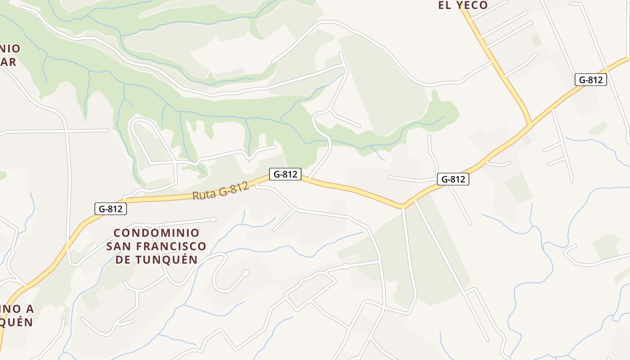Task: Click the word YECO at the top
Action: pyautogui.click(x=471, y=5)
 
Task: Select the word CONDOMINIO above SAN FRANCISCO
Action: pyautogui.click(x=156, y=233)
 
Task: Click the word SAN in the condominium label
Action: pyautogui.click(x=119, y=247)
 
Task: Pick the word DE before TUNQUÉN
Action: pyautogui.click(x=123, y=260)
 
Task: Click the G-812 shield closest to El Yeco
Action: pyautogui.click(x=590, y=80)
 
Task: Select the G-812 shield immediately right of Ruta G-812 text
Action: pyautogui.click(x=285, y=174)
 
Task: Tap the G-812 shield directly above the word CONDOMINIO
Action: pyautogui.click(x=111, y=209)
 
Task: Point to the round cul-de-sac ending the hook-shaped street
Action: pyautogui.click(x=246, y=273)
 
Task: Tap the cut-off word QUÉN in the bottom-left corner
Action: pyautogui.click(x=16, y=322)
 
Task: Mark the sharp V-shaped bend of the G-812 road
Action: pyautogui.click(x=403, y=206)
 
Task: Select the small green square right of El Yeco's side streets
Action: pyautogui.click(x=536, y=40)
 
